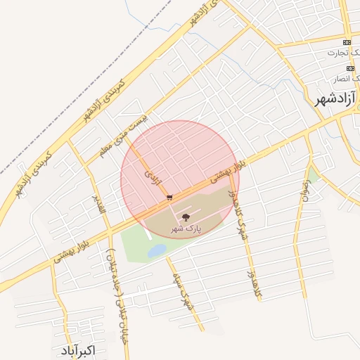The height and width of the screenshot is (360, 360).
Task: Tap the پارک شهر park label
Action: pos(186,229)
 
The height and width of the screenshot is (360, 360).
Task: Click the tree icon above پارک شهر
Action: pos(186,218)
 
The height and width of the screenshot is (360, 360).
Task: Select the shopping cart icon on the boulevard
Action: pos(169,198)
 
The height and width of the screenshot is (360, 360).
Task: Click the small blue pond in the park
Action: pos(156,250)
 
